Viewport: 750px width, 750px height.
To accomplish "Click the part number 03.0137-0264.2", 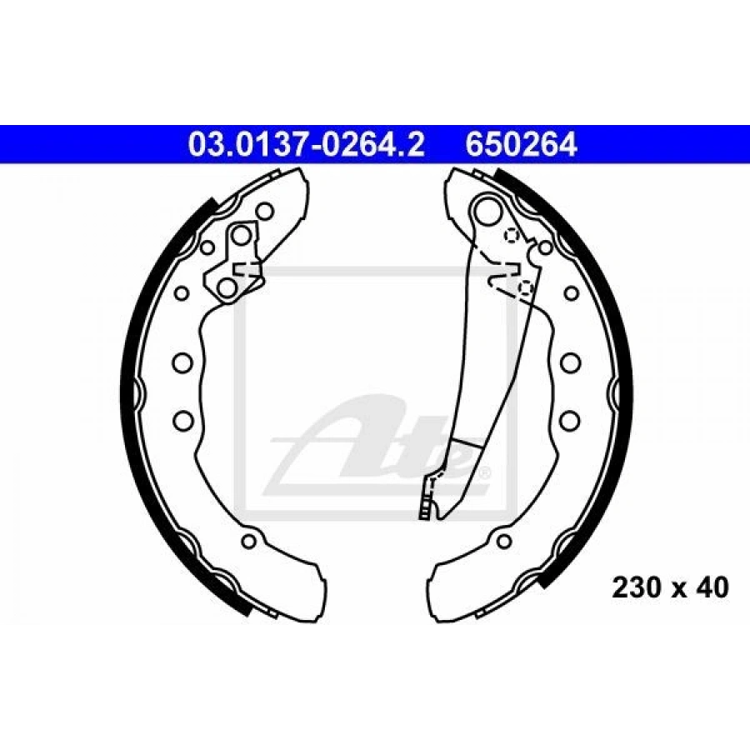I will click(x=306, y=145).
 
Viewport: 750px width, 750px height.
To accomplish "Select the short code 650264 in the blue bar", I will click(x=521, y=145).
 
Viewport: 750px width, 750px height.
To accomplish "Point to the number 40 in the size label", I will click(x=713, y=588).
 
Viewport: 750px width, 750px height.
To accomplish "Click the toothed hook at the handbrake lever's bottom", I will click(x=428, y=500).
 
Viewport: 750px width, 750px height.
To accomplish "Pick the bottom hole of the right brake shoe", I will click(x=503, y=542).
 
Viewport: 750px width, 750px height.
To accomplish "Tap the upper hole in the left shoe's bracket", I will click(x=241, y=236).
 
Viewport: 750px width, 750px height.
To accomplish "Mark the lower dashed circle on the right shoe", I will click(x=526, y=287).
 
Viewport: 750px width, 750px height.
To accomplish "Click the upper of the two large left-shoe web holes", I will click(x=182, y=362).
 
